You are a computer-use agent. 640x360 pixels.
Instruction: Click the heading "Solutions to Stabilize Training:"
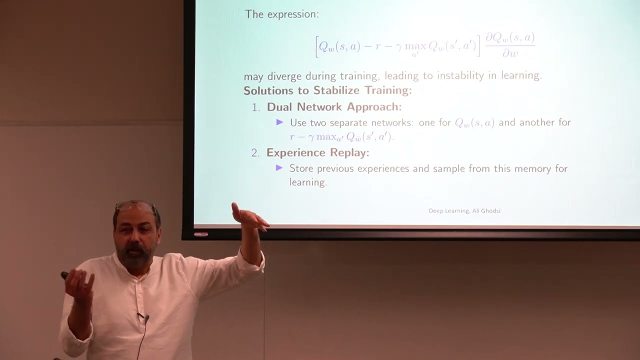[x=327, y=91]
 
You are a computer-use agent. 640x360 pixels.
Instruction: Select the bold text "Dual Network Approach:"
[x=334, y=107]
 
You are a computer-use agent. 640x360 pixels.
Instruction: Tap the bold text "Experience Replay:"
[x=317, y=153]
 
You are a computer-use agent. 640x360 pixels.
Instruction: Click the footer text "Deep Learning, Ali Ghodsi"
[x=464, y=211]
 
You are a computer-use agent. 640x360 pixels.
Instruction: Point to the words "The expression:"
[x=281, y=14]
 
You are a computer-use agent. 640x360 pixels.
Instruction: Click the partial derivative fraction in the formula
[x=510, y=45]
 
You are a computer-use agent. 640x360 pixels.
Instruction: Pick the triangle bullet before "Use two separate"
[x=279, y=122]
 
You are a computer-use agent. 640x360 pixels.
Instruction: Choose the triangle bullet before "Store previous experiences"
[x=279, y=168]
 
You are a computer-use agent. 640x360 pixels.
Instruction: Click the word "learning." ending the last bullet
[x=308, y=182]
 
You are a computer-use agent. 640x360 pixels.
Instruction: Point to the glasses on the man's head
[x=135, y=205]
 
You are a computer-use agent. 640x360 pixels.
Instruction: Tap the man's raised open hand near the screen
[x=250, y=217]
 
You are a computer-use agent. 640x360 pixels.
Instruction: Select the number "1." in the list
[x=256, y=107]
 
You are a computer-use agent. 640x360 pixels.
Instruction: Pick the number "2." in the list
[x=256, y=153]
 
